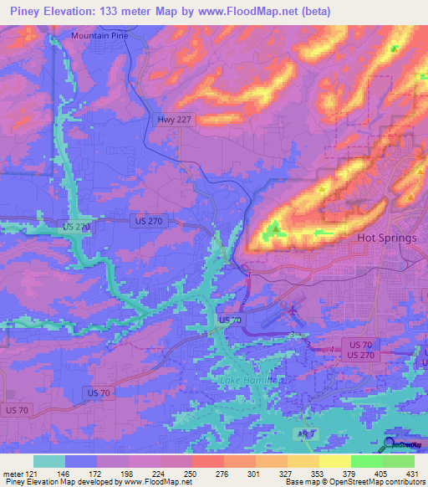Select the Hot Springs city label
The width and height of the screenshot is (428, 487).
pyautogui.click(x=386, y=238)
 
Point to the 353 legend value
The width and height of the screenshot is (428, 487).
pyautogui.click(x=318, y=473)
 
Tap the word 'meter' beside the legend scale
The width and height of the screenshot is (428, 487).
pyautogui.click(x=13, y=473)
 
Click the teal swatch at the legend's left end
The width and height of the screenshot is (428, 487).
pyautogui.click(x=49, y=461)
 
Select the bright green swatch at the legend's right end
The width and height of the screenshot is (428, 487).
pyautogui.click(x=398, y=461)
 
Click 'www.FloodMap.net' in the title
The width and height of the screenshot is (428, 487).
pyautogui.click(x=244, y=12)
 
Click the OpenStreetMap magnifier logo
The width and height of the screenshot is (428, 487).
pyautogui.click(x=390, y=444)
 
